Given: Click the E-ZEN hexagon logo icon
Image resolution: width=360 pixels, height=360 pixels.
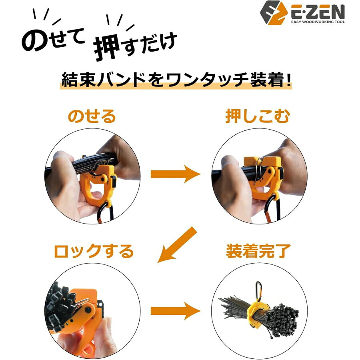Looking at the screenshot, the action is (274, 13).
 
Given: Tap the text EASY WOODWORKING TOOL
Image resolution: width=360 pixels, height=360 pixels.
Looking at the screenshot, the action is (318, 22).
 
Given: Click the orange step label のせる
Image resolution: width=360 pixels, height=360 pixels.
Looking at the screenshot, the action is (92, 116).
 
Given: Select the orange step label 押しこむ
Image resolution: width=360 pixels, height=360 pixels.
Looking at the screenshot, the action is (258, 116).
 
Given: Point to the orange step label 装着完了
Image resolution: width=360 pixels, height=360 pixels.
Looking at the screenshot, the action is (258, 251).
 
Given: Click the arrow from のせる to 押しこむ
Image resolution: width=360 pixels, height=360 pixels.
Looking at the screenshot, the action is (176, 174).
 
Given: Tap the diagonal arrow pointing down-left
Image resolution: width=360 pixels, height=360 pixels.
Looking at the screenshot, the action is (177, 245).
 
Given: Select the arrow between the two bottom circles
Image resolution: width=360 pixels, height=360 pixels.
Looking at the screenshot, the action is (176, 311).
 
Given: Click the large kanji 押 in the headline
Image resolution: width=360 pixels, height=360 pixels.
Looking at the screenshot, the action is (107, 48).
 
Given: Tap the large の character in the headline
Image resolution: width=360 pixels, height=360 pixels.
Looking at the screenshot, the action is (34, 41).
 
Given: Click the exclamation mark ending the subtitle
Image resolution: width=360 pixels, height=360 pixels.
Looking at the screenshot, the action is (288, 80).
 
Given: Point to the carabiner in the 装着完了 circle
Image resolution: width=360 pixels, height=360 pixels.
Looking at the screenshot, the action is (258, 291).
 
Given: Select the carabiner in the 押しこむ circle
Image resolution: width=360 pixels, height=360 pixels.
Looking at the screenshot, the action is (273, 209).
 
